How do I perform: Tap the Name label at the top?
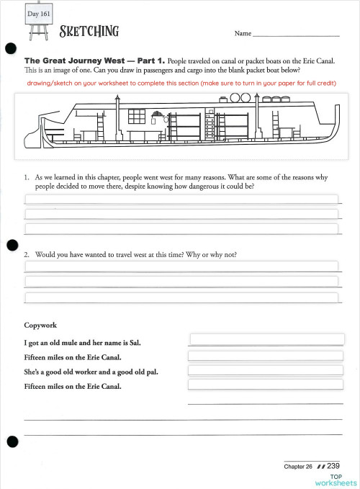243,34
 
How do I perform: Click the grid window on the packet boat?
136,116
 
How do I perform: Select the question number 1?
27,176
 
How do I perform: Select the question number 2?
27,255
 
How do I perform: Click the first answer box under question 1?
181,199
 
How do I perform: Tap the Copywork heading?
40,326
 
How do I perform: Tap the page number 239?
333,466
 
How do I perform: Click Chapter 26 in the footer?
298,467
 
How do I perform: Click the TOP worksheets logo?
336,480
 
